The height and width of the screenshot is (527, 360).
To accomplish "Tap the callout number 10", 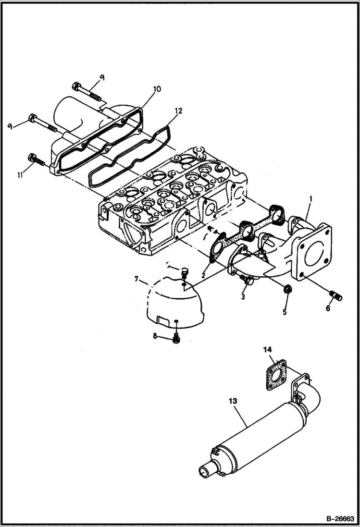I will (x=157, y=89).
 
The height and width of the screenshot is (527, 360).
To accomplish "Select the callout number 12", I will (x=178, y=110).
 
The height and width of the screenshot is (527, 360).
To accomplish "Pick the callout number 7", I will (x=137, y=279).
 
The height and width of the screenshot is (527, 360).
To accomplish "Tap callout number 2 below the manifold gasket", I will (x=204, y=275).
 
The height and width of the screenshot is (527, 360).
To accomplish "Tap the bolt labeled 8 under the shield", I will (x=176, y=339).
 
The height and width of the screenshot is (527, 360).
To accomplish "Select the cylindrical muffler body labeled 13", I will (x=260, y=437).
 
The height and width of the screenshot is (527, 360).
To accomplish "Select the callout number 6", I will (x=328, y=308).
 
